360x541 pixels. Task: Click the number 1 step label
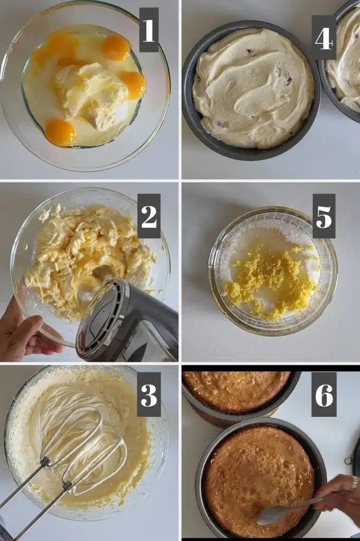click(x=148, y=30)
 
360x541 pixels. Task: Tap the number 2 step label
click(x=148, y=216)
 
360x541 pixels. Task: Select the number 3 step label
click(x=149, y=394)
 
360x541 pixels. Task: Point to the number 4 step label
click(x=324, y=38)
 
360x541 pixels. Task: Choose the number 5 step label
click(x=324, y=216)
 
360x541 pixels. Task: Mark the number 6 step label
click(x=324, y=394)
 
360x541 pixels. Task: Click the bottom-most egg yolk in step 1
click(x=60, y=132)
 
